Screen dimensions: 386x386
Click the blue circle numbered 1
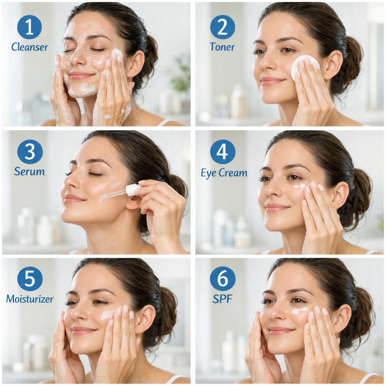(x=29, y=26)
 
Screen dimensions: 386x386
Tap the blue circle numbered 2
(x=222, y=27)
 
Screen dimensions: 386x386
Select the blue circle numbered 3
(x=30, y=152)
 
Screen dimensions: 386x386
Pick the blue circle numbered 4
(x=222, y=152)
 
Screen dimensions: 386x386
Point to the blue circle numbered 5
(x=30, y=279)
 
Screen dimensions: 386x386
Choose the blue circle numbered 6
(x=222, y=279)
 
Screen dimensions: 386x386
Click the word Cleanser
(x=30, y=47)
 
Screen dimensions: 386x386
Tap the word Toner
(x=222, y=47)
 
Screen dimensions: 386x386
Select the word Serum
(x=29, y=172)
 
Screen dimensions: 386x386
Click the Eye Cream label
(x=224, y=173)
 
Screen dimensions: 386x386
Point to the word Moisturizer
(x=30, y=299)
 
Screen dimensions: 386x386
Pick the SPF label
(x=222, y=299)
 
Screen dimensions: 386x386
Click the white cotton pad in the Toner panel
(x=305, y=67)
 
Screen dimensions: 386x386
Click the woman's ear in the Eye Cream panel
(x=340, y=194)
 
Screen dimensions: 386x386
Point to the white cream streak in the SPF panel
(x=300, y=311)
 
